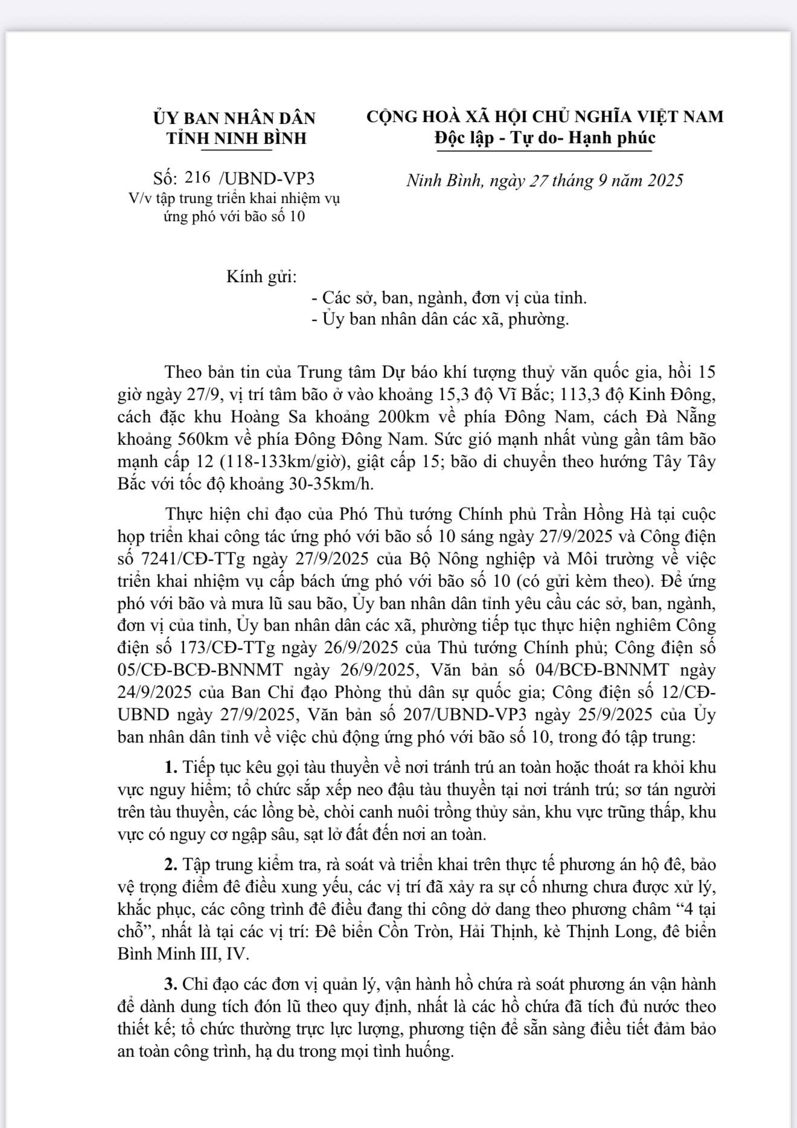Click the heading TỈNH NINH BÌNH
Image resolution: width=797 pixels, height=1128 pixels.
(237, 138)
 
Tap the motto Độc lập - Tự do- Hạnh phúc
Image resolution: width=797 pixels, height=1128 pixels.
(545, 138)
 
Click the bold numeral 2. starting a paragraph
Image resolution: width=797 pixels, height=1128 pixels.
(171, 865)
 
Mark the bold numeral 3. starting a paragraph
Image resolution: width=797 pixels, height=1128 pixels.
(171, 984)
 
